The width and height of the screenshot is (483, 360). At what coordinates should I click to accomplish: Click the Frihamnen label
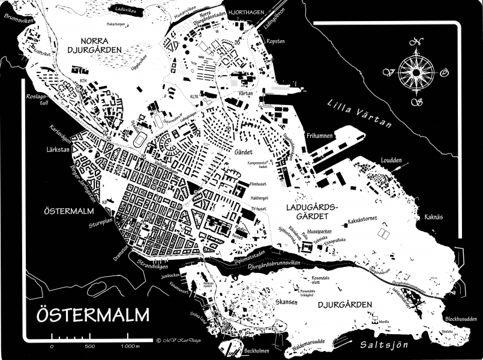tap(317, 136)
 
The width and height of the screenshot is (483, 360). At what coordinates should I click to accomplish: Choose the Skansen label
tap(286, 302)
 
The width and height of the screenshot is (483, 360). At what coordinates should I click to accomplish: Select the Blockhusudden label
tap(460, 319)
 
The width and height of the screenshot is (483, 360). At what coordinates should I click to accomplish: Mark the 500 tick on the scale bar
tap(89, 347)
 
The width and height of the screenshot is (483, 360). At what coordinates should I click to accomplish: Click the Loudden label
tap(391, 160)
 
